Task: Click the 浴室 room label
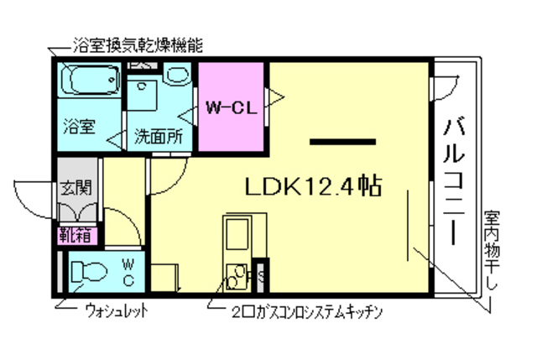click(81, 128)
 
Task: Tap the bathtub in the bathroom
click(91, 82)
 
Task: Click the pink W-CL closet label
click(231, 107)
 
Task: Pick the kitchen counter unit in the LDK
click(240, 243)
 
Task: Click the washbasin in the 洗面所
click(177, 76)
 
